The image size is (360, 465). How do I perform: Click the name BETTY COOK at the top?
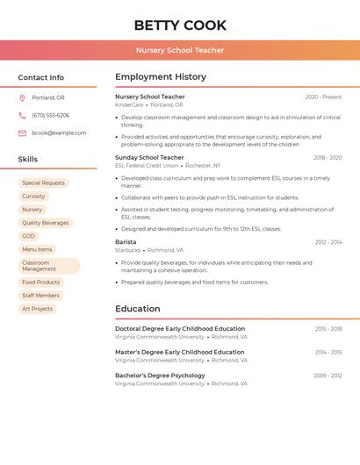pos(180,25)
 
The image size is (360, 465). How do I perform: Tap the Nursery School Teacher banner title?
pos(180,50)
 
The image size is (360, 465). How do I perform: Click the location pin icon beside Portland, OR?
pos(22,97)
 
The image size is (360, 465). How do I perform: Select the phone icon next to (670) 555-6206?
pos(22,115)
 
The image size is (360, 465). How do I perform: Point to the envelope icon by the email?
pos(22,132)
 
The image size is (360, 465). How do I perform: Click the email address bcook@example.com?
pos(59,132)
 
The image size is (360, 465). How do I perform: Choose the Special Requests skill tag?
pos(43,183)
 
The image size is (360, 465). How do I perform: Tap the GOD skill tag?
pos(29,236)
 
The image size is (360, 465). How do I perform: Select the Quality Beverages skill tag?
pos(45,223)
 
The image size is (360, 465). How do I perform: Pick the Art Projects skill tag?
pos(37,309)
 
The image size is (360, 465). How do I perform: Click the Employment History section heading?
pos(161,77)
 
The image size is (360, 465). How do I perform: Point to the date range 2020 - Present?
pos(323,97)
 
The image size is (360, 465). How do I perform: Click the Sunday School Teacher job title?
pos(149,157)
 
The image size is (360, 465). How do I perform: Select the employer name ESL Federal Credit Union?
pos(148,166)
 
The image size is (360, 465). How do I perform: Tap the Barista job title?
pos(126,241)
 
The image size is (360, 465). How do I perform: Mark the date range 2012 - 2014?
pos(328,241)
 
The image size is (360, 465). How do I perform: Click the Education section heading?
pos(138,309)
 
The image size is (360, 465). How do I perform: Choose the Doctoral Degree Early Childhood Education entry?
pos(180,328)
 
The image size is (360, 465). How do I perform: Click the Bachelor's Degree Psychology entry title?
pos(160,376)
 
